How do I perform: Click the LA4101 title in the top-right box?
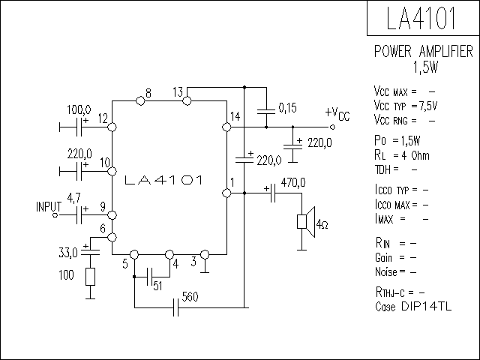coord(421,18)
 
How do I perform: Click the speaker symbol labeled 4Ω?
coord(306,222)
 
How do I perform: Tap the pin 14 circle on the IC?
coord(226,127)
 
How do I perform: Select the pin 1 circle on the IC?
coord(226,193)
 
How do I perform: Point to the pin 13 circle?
coord(187,100)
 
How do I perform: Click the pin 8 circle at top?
coord(140,100)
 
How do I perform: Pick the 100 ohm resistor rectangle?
coord(90,277)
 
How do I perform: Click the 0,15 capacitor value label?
coord(287,108)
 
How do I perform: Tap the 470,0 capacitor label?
coord(293,182)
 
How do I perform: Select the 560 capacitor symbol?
coord(175,307)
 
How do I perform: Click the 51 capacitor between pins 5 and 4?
coord(150,277)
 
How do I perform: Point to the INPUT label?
coord(49,207)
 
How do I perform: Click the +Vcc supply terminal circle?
coord(332,127)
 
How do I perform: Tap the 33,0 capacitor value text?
coord(68,253)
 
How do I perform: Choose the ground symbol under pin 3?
coord(205,268)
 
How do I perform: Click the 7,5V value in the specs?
coord(428,106)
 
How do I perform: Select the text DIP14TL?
coord(426,307)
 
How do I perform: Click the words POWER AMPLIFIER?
coord(424,52)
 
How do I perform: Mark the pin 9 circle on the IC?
coord(112,215)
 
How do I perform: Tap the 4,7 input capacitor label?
coord(73,198)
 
